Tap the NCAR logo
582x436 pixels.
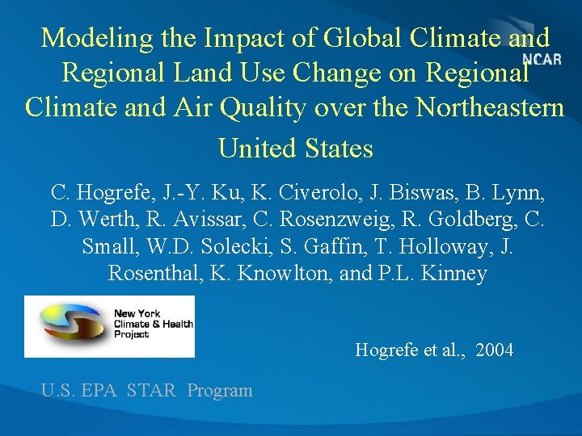point(542,58)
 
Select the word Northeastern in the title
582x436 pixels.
point(489,107)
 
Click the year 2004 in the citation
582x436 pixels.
point(495,350)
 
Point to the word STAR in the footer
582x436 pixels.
point(151,391)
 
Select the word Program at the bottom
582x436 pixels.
point(220,391)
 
